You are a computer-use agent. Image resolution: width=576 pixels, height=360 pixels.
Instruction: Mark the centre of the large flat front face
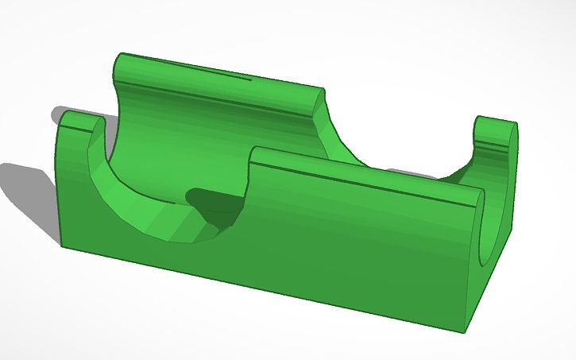[278, 254]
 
